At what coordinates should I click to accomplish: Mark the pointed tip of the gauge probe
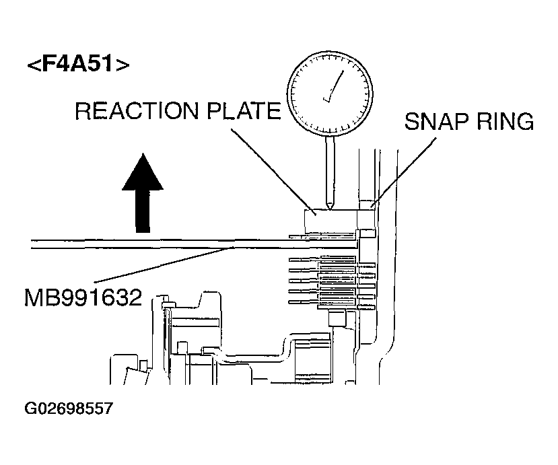click(328, 208)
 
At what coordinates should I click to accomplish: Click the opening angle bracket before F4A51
click(32, 66)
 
